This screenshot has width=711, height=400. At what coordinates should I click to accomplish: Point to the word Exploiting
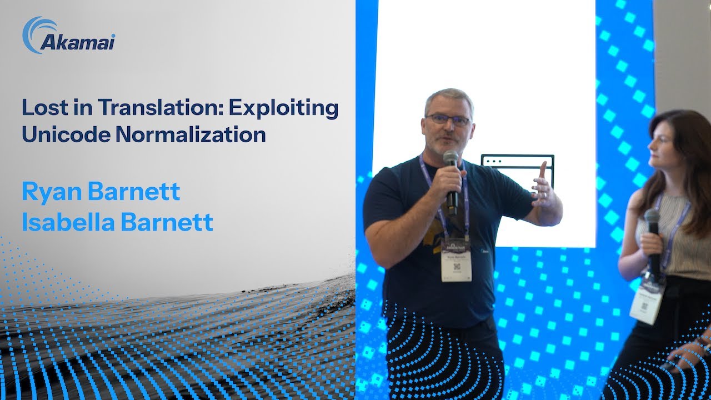[x=284, y=108]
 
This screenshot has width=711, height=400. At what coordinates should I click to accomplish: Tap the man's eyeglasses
[x=448, y=119]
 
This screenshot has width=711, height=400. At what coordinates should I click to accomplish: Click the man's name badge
[x=456, y=264]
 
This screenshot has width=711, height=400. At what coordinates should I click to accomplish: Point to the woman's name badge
[x=647, y=300]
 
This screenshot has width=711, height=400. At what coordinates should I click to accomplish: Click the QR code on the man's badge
[x=456, y=267]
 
